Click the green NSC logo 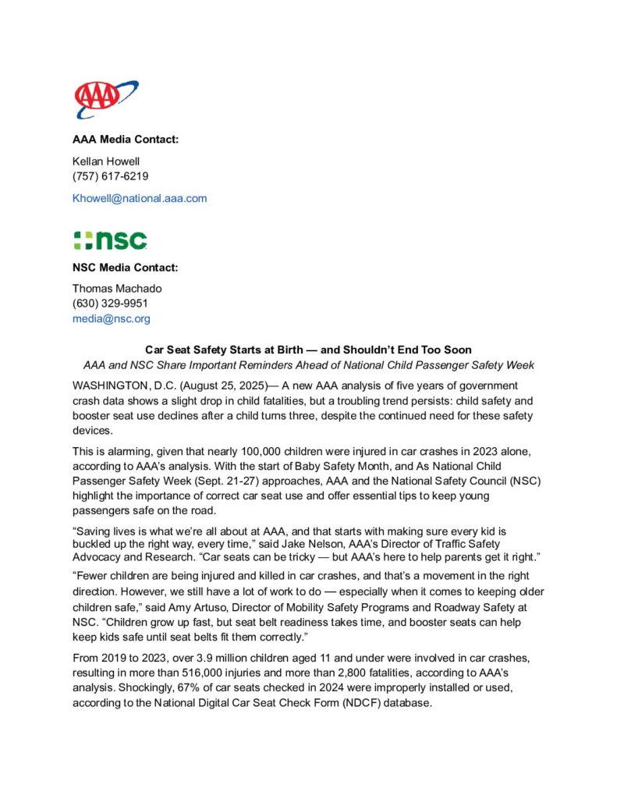(110, 240)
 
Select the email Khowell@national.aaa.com (140, 198)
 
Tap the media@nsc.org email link (112, 318)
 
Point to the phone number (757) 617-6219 (111, 176)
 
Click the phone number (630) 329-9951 (111, 304)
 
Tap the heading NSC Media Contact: (126, 268)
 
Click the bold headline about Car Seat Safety (308, 350)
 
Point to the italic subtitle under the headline (308, 365)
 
